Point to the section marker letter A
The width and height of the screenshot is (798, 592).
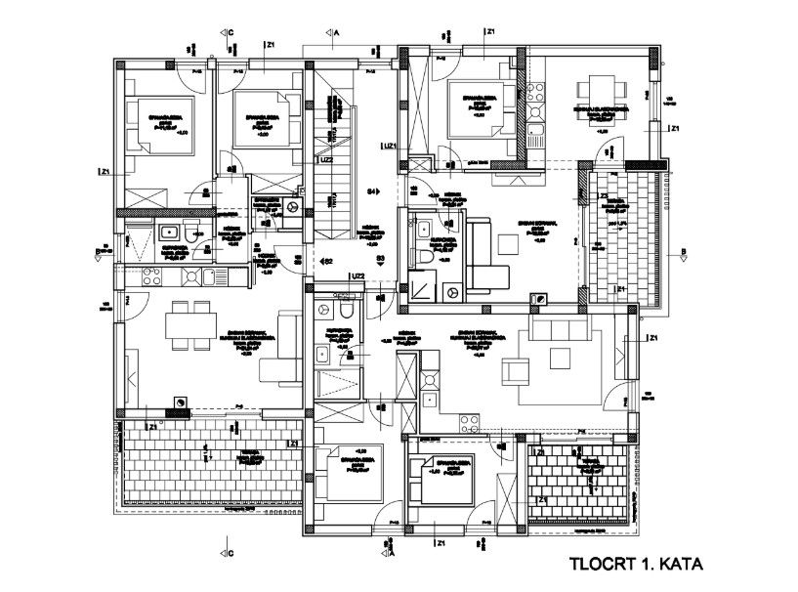pos(336,32)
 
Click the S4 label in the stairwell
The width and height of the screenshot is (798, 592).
pos(371,190)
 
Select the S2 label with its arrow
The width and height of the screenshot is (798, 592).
pos(328,261)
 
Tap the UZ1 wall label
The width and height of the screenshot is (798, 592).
pos(389,147)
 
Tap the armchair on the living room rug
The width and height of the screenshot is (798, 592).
pos(513,370)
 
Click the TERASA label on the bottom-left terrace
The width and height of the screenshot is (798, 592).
pos(231,452)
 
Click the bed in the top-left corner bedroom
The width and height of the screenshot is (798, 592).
pos(158,125)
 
